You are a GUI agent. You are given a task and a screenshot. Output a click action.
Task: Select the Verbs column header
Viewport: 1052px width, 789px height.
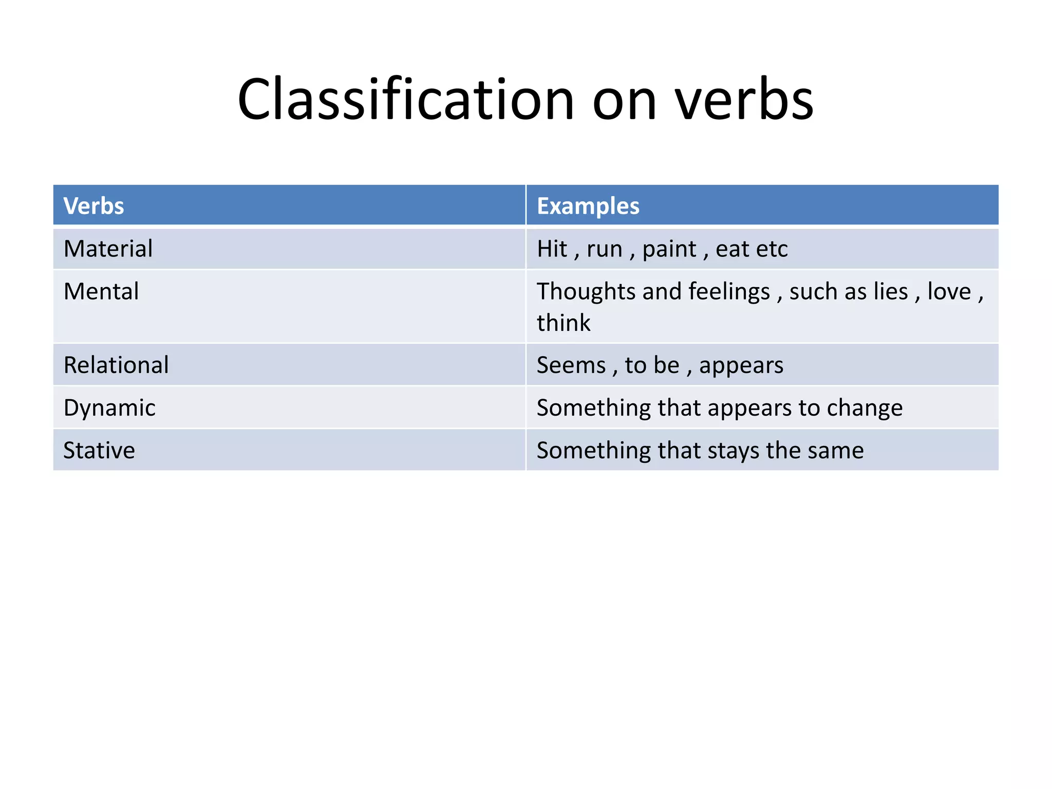click(93, 206)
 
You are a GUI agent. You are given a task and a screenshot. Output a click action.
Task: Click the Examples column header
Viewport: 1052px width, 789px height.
click(588, 206)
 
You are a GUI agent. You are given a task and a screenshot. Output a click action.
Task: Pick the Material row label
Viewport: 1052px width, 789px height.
click(108, 249)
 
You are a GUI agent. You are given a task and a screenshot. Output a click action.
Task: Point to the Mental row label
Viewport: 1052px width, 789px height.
click(101, 291)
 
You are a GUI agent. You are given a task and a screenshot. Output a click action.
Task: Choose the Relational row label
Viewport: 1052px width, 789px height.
click(116, 365)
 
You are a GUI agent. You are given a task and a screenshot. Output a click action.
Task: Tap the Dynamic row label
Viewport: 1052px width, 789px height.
click(109, 408)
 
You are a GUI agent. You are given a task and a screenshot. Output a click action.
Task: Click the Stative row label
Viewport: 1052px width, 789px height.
click(99, 450)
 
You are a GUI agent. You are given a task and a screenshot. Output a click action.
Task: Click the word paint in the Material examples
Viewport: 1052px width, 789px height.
click(669, 249)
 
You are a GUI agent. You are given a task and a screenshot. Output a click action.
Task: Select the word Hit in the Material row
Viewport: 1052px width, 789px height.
click(552, 249)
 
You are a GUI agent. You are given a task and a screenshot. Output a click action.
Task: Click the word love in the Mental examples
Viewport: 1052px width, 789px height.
click(949, 291)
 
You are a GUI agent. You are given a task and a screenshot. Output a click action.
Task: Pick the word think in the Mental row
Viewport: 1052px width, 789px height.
click(563, 323)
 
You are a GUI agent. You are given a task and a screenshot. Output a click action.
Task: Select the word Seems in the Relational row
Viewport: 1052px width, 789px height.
click(571, 365)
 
